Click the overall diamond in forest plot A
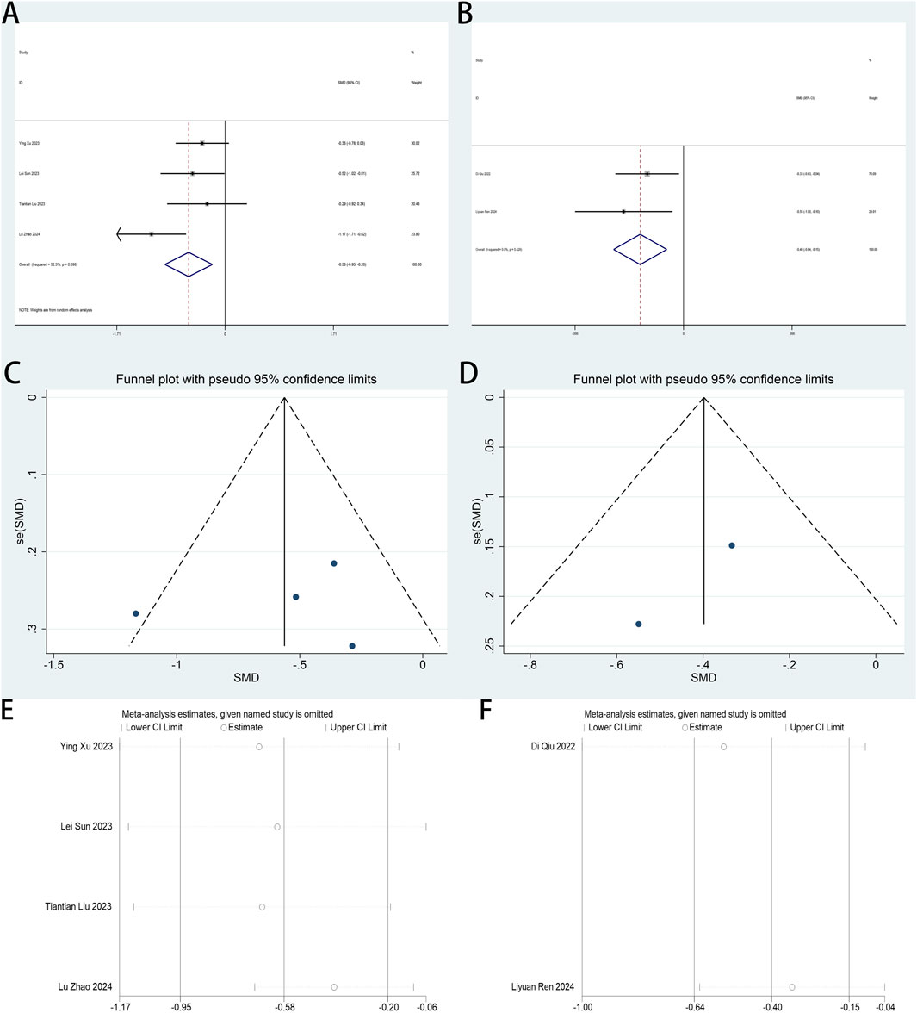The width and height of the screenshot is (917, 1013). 189,264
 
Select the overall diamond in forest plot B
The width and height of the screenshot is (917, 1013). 640,249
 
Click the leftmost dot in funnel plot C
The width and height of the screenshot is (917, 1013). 136,613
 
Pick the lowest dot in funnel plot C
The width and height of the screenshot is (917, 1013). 352,646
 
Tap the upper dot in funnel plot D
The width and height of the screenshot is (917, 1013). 732,545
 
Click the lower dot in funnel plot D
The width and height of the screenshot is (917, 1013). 638,624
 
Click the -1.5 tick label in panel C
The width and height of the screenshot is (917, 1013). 54,666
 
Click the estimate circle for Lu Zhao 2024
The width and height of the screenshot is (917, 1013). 334,987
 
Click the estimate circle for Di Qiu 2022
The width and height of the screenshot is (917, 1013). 724,747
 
